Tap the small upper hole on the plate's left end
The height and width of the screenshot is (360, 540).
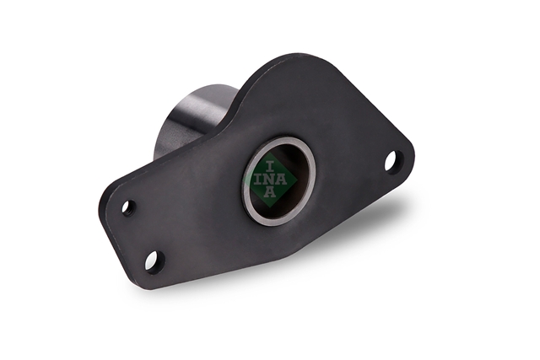[129, 207]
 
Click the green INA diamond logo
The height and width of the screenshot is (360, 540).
[270, 180]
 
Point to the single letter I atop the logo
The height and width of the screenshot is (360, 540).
[270, 168]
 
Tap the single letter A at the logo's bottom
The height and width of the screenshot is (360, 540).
[270, 192]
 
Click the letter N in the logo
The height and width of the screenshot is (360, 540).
[270, 180]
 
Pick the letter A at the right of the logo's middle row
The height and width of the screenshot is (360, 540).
[281, 180]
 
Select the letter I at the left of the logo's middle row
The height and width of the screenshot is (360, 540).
[258, 180]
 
